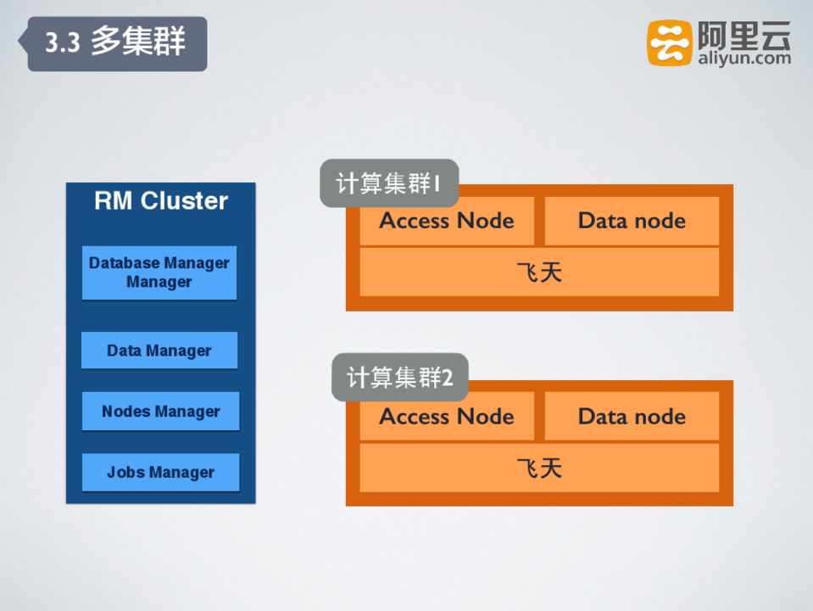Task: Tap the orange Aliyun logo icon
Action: pyautogui.click(x=670, y=43)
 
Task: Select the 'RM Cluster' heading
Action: pyautogui.click(x=160, y=201)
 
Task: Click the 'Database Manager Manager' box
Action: pyautogui.click(x=159, y=272)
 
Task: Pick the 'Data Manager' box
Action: pyautogui.click(x=159, y=350)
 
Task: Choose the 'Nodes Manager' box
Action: pyautogui.click(x=160, y=412)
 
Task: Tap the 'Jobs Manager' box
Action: pyautogui.click(x=160, y=473)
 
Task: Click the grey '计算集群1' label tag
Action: pyautogui.click(x=388, y=183)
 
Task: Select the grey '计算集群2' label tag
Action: pyautogui.click(x=399, y=378)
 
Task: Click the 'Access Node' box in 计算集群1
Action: pyautogui.click(x=447, y=221)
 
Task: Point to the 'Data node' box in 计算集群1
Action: pyautogui.click(x=632, y=221)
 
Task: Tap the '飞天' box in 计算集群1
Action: pyautogui.click(x=539, y=272)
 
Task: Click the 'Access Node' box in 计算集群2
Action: pyautogui.click(x=447, y=417)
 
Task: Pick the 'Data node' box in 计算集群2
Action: pyautogui.click(x=632, y=417)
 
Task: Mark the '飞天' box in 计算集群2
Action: pyautogui.click(x=539, y=468)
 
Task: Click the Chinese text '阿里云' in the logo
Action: pyautogui.click(x=743, y=35)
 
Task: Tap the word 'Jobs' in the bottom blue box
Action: pyautogui.click(x=125, y=473)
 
